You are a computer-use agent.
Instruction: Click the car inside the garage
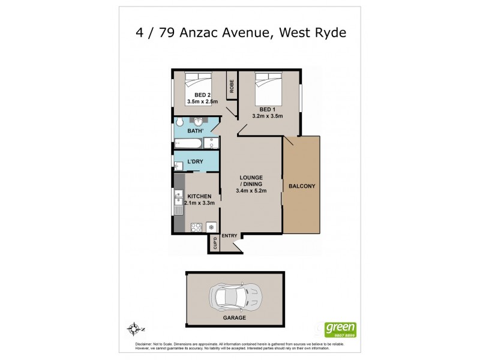pyautogui.click(x=235, y=296)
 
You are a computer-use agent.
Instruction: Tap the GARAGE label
pyautogui.click(x=235, y=318)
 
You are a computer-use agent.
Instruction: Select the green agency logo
pyautogui.click(x=340, y=329)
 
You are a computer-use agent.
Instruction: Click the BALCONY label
pyautogui.click(x=302, y=186)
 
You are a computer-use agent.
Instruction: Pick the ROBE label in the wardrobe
pyautogui.click(x=231, y=86)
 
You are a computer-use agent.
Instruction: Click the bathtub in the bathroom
pyautogui.click(x=188, y=143)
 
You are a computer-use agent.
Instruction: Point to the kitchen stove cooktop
pyautogui.click(x=195, y=227)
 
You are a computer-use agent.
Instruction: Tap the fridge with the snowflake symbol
pyautogui.click(x=211, y=227)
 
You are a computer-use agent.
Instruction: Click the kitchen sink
pyautogui.click(x=179, y=203)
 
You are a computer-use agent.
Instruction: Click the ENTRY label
pyautogui.click(x=230, y=236)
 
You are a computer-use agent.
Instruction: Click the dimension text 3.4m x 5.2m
pyautogui.click(x=251, y=191)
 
